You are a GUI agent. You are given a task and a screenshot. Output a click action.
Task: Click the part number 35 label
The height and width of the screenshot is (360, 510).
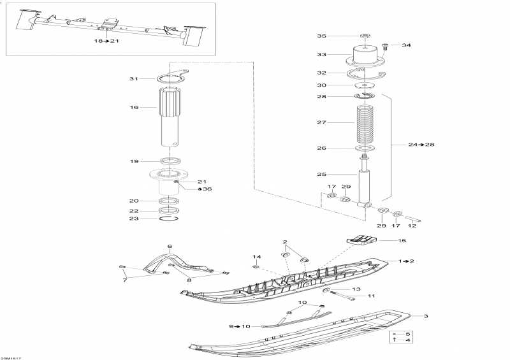pos(322,36)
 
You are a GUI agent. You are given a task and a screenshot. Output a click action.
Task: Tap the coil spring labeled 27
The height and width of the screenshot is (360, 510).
pos(366,123)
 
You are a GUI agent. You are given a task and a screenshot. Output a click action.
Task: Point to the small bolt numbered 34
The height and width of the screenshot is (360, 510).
pos(386,45)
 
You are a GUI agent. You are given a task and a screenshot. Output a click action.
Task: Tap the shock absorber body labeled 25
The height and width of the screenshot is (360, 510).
pos(366,185)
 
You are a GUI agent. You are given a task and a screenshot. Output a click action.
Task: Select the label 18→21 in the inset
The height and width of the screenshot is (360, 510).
pos(107,41)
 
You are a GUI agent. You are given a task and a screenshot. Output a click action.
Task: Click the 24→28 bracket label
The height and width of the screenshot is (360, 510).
pos(421,145)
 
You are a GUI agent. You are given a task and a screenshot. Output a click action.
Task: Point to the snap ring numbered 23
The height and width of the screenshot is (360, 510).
pos(169,219)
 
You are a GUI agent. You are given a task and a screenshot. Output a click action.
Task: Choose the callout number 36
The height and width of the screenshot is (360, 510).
pos(207,189)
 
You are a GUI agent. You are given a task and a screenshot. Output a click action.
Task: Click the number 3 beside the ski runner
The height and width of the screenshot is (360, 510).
pos(426,316)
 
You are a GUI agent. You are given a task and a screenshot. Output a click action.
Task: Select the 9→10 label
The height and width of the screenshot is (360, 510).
pos(240,326)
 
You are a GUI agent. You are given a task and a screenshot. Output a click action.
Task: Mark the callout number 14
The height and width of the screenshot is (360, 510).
pos(256,257)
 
